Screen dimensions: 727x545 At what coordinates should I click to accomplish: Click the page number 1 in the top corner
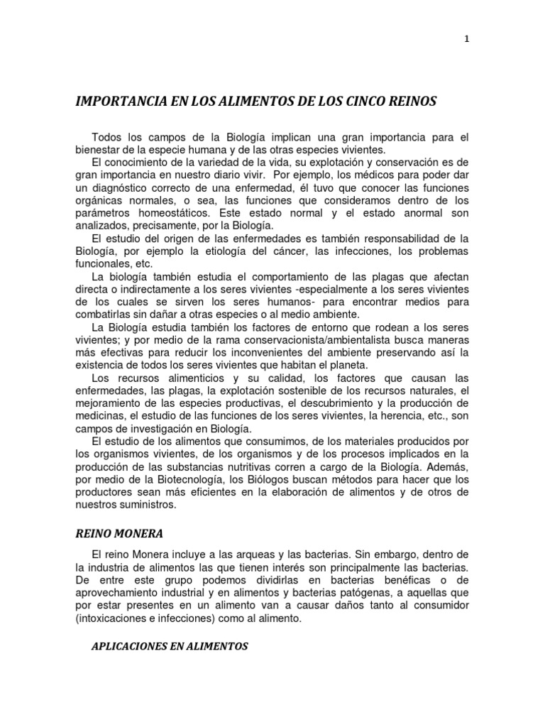click(467, 40)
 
